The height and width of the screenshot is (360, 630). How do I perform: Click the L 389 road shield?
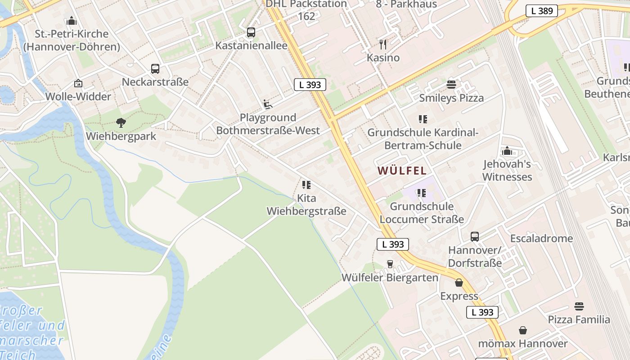click(x=542, y=11)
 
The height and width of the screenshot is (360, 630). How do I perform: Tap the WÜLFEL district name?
click(x=402, y=171)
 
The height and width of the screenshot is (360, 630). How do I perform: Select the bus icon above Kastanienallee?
click(x=251, y=32)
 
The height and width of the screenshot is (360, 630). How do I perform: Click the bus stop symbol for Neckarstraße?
click(x=155, y=69)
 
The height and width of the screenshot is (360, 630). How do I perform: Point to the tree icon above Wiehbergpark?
click(x=121, y=122)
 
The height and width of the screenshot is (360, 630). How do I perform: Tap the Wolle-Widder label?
click(x=78, y=97)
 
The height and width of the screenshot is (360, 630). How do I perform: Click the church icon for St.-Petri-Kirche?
click(x=72, y=21)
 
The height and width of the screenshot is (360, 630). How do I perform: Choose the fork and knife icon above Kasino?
click(x=383, y=44)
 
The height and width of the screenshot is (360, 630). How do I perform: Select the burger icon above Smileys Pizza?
click(x=451, y=85)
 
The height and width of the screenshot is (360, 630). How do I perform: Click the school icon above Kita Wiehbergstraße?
click(x=306, y=185)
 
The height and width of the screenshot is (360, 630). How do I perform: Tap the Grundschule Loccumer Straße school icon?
click(x=422, y=193)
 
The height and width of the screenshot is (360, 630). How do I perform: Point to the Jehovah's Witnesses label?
click(x=507, y=171)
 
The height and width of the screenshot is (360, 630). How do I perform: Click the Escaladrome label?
click(x=541, y=238)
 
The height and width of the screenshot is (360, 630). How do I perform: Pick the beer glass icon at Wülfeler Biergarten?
click(x=390, y=264)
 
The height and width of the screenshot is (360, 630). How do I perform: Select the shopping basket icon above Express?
click(x=459, y=283)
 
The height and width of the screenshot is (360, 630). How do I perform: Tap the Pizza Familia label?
click(x=579, y=320)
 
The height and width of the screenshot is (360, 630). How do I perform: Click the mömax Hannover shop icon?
click(x=523, y=331)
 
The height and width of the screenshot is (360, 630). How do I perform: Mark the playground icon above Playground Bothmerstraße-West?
click(x=268, y=104)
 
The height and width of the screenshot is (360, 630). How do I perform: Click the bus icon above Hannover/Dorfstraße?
click(x=475, y=237)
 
